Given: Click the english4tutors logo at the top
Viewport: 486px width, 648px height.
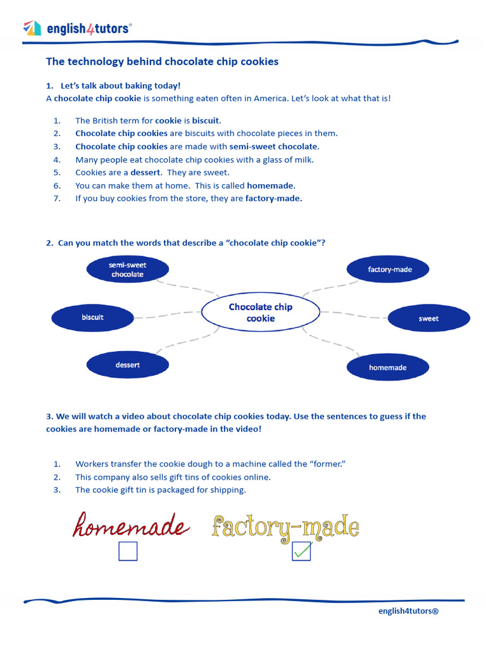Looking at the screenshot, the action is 77,28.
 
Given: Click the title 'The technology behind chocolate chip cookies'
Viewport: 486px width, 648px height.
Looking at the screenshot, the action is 162,62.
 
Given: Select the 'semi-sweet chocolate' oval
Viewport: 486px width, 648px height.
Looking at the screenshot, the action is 128,270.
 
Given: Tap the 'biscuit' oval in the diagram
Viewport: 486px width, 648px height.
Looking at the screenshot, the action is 92,317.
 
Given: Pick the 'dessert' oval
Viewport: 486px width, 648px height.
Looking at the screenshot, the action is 128,365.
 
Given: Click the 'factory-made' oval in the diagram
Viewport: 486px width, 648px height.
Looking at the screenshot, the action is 389,270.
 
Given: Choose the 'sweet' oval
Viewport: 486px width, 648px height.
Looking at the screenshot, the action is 428,318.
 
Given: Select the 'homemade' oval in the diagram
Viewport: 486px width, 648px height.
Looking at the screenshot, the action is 388,367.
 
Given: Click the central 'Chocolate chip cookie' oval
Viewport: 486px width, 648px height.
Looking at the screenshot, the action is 260,313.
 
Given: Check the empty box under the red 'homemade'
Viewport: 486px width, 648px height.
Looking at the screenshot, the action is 128,552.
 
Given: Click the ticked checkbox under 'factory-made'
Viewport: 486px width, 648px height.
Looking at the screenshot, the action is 301,552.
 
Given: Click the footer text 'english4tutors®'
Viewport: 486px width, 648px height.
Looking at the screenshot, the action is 408,611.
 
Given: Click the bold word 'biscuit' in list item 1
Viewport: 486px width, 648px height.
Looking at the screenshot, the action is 206,120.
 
